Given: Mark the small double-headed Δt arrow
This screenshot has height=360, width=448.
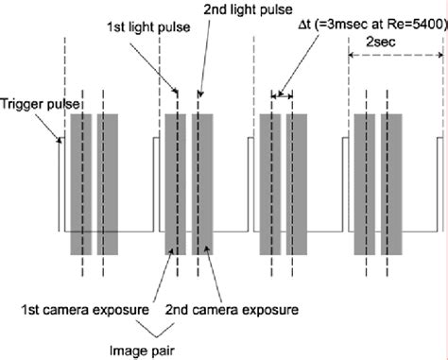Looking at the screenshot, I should coord(282,94).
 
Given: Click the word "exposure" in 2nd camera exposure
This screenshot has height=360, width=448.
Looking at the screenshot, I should coord(275,309).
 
